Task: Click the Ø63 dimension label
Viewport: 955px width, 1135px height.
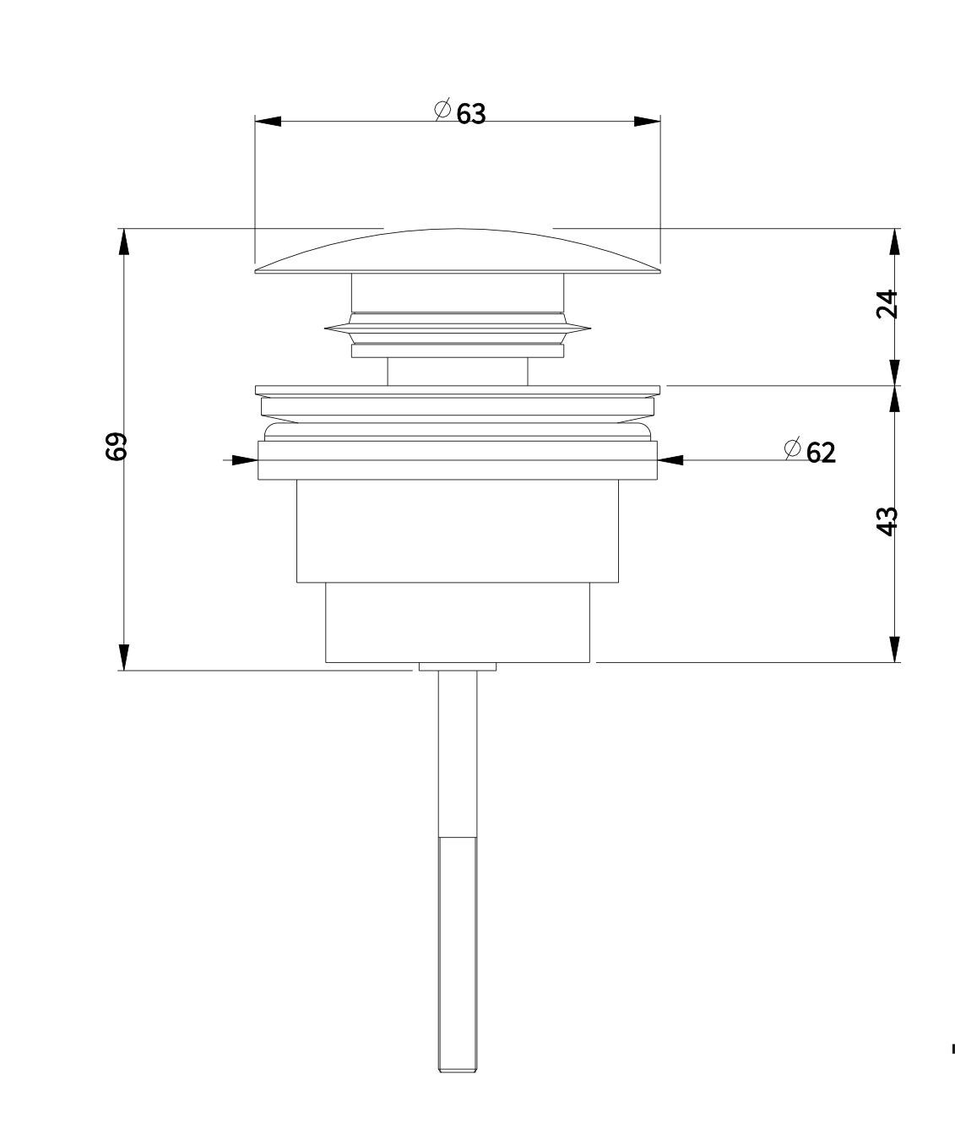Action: (x=461, y=112)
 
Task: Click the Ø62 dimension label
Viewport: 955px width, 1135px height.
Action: (x=810, y=452)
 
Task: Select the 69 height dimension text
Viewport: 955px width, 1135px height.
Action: (x=117, y=446)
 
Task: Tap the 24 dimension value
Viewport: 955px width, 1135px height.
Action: (x=887, y=304)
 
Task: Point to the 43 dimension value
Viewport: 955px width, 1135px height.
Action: (x=887, y=520)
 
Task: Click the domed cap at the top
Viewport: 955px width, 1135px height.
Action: (x=457, y=252)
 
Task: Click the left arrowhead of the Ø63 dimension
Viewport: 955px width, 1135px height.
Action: (x=268, y=122)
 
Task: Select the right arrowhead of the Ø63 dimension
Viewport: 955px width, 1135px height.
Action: (x=647, y=122)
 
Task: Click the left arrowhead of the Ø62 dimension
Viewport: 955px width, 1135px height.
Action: (x=244, y=460)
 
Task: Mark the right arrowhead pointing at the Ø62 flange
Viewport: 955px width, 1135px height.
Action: (x=671, y=460)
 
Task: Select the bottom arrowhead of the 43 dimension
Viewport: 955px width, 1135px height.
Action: (x=894, y=649)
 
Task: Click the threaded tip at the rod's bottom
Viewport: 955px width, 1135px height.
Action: (x=457, y=1066)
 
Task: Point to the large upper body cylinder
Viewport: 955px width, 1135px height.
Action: (x=457, y=530)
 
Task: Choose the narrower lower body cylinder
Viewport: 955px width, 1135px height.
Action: (x=457, y=622)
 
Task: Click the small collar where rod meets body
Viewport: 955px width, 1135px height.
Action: (x=457, y=667)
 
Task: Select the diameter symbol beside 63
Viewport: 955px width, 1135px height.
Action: (x=442, y=109)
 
